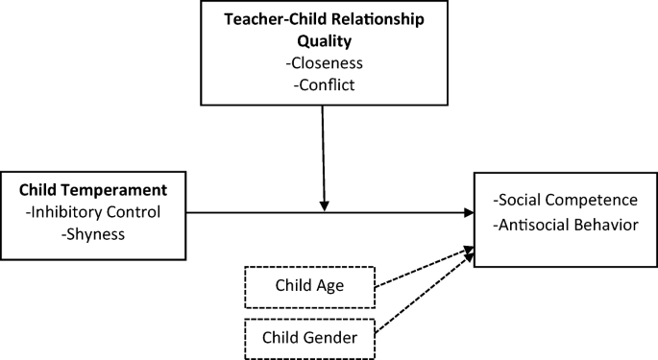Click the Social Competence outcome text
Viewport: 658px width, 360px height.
tap(565, 200)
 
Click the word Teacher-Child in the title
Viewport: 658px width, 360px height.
tap(271, 19)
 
